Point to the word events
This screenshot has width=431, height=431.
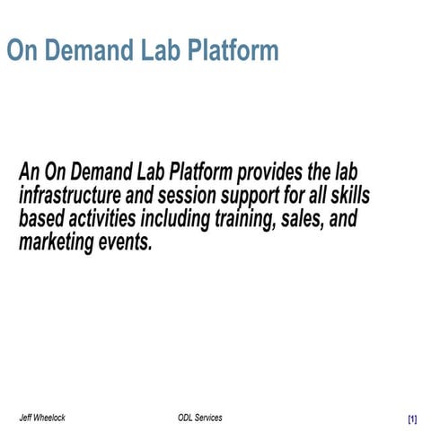tap(126, 243)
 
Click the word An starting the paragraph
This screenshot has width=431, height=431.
tap(30, 171)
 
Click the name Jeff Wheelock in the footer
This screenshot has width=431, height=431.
tap(42, 418)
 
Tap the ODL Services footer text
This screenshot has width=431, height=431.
tap(200, 418)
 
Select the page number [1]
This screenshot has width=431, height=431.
tap(411, 419)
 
